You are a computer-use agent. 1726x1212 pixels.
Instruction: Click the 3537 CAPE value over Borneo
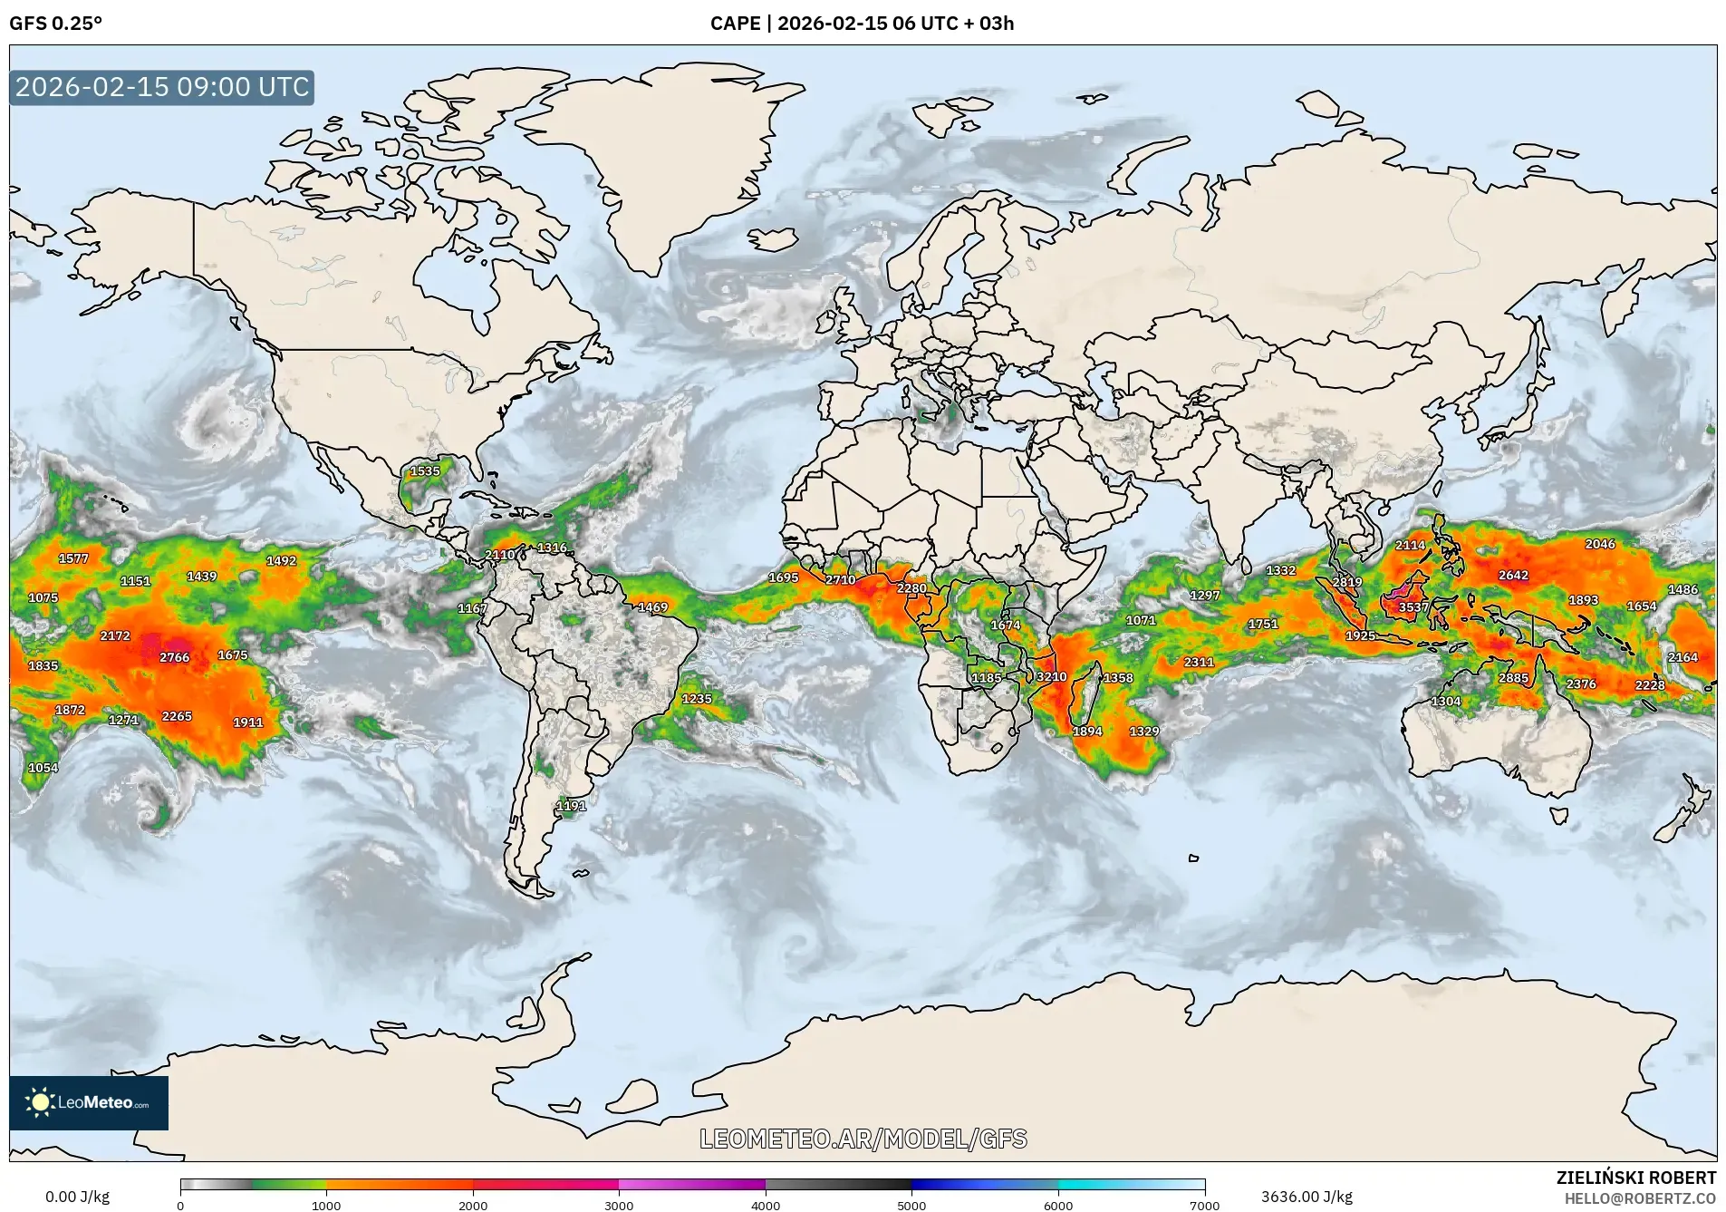click(x=1413, y=607)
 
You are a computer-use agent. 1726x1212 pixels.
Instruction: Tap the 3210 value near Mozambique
click(x=1051, y=677)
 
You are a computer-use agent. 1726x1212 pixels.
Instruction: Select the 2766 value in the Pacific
click(x=175, y=657)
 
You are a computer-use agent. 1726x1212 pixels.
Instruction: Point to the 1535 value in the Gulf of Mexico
click(x=425, y=471)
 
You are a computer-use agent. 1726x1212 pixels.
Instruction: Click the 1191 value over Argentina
click(x=571, y=806)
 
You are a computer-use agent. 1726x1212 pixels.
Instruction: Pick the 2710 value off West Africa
click(x=840, y=580)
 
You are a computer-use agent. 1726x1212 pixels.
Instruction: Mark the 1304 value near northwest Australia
click(x=1446, y=702)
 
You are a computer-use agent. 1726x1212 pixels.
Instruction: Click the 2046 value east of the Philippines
click(x=1600, y=544)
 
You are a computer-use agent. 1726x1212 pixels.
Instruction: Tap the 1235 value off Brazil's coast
click(x=697, y=699)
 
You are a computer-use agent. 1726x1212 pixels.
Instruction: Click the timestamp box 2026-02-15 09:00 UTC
click(x=162, y=87)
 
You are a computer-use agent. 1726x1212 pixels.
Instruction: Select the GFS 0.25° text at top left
click(x=56, y=24)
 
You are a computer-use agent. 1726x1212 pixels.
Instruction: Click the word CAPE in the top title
click(x=735, y=24)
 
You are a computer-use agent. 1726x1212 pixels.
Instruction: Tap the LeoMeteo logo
click(x=88, y=1102)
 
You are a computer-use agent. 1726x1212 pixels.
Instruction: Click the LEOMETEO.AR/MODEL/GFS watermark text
click(x=863, y=1139)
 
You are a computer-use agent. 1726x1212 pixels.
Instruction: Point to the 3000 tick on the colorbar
click(x=619, y=1205)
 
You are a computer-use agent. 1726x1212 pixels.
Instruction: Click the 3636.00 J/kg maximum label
click(x=1307, y=1197)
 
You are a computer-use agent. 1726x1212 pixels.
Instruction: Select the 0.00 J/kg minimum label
click(x=78, y=1197)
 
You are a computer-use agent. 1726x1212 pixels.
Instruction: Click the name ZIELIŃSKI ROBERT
click(x=1635, y=1178)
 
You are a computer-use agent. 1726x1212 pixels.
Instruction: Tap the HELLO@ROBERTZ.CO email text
click(x=1640, y=1198)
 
